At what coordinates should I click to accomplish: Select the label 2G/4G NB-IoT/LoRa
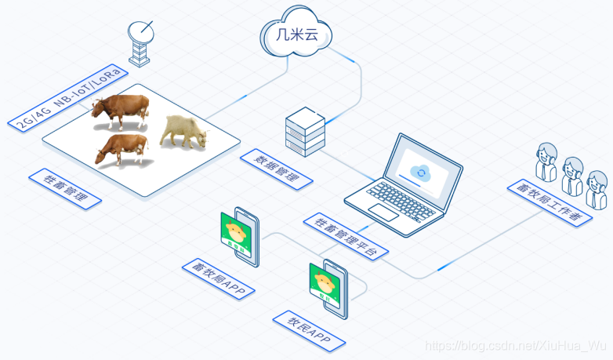click(68, 99)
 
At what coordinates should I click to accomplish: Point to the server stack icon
click(304, 130)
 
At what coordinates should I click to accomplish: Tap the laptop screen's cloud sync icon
click(422, 172)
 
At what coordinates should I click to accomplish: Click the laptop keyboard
click(389, 197)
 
